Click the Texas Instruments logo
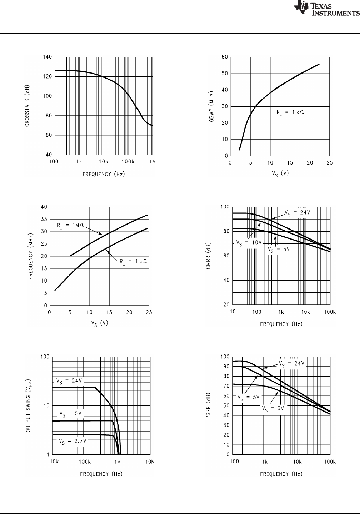pyautogui.click(x=326, y=9)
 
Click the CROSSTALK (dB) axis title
pyautogui.click(x=27, y=106)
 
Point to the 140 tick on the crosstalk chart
pyautogui.click(x=47, y=57)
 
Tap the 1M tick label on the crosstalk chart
pyautogui.click(x=152, y=162)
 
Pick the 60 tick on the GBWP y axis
pyautogui.click(x=225, y=57)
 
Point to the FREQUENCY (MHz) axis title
pyautogui.click(x=31, y=256)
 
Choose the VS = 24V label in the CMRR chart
pyautogui.click(x=297, y=212)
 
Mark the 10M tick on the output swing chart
pyautogui.click(x=150, y=462)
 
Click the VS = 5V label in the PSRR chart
pyautogui.click(x=249, y=397)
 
